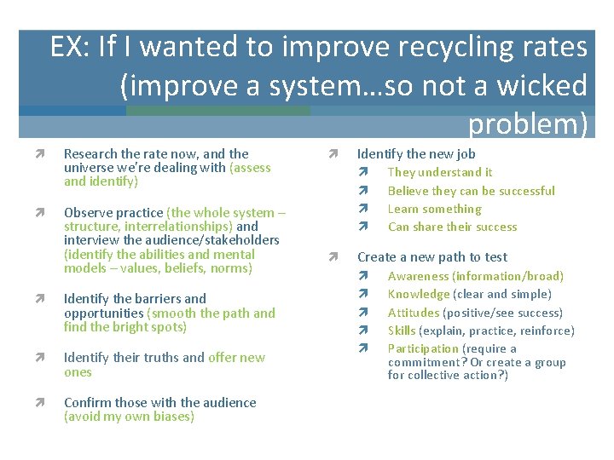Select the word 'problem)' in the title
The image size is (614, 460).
(528, 124)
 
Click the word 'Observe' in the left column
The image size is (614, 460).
(90, 213)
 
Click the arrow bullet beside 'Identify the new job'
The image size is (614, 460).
(333, 154)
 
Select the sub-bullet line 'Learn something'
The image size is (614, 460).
(434, 209)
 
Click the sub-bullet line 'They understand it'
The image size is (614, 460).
(439, 172)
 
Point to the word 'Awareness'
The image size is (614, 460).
(418, 276)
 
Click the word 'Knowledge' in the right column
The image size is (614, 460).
(418, 294)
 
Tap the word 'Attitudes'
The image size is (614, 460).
(414, 313)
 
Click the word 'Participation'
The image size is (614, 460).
(423, 348)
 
